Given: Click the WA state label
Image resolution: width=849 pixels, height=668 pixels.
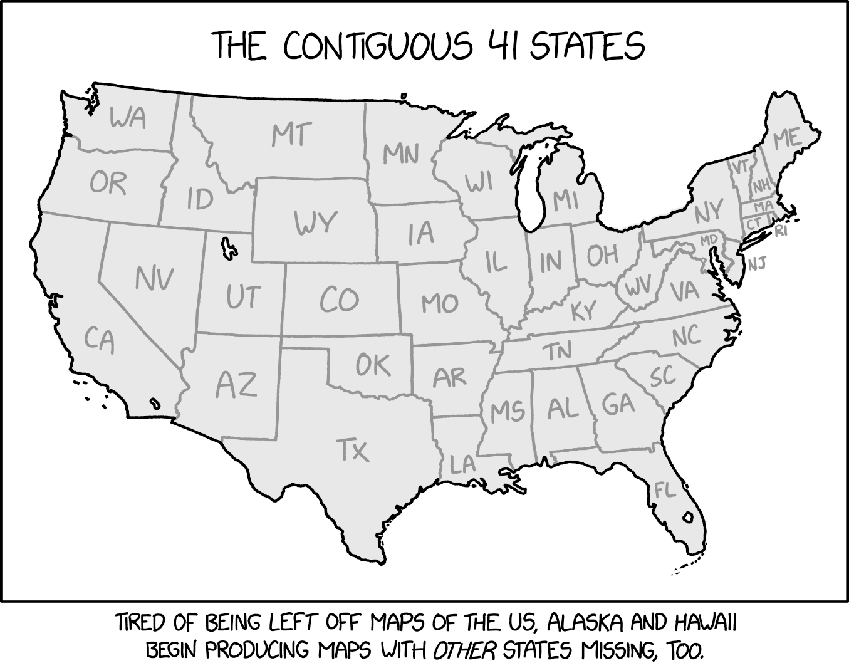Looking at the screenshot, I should coord(128,117).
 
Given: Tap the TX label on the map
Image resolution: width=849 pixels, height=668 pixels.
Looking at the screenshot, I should coord(353,450).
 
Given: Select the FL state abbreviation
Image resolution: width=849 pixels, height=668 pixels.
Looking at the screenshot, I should coord(665,490).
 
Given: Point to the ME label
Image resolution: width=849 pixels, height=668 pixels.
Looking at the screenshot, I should coord(787,139).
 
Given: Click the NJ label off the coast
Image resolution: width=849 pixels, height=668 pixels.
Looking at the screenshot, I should coord(756,263).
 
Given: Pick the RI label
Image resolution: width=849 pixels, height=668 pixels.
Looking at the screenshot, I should coord(781,231).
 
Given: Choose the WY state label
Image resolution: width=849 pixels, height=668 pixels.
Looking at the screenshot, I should coord(316,222).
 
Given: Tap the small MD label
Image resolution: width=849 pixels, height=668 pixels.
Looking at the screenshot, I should coord(708,239).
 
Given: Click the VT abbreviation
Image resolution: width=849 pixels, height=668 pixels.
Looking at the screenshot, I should coord(740,167).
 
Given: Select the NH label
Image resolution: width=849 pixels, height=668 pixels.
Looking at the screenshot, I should coord(761,185).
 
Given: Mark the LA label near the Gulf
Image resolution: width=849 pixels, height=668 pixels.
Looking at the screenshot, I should coord(463,464).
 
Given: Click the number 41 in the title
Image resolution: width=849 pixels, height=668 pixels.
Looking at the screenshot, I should coord(501,46).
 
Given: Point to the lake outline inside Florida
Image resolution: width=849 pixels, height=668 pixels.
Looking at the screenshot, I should coord(688,518).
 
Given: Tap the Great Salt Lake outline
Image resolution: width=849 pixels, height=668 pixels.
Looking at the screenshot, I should coord(228,247).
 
